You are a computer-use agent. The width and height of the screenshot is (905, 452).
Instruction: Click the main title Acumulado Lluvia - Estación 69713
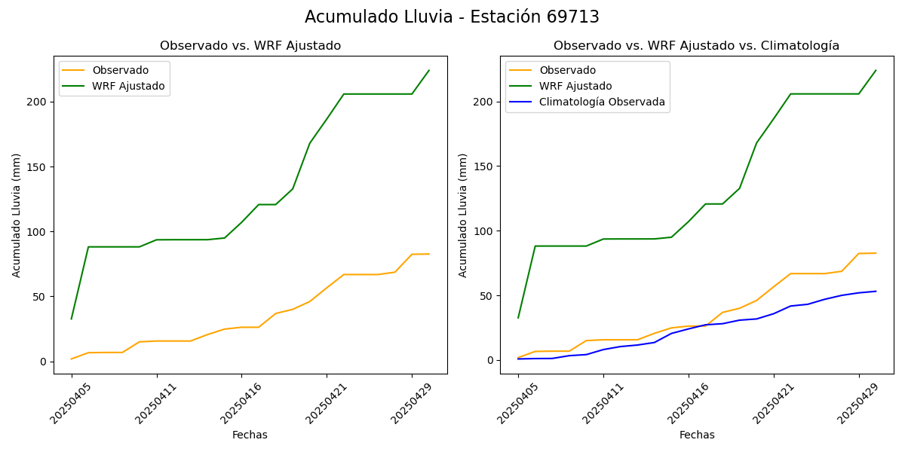tap(452, 17)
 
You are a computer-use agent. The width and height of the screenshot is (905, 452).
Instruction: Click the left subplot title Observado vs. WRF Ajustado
tap(250, 46)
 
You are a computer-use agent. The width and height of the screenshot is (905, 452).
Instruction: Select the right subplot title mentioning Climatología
tap(696, 46)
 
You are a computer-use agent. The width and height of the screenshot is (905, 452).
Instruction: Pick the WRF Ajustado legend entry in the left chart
tap(128, 86)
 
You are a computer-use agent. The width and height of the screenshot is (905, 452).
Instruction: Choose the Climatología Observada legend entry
tap(602, 102)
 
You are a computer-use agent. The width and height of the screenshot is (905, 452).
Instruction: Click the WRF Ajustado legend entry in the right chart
tap(575, 86)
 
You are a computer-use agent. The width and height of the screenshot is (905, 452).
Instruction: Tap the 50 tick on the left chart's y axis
tap(41, 297)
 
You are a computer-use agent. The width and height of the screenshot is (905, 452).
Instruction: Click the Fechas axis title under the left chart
tap(250, 435)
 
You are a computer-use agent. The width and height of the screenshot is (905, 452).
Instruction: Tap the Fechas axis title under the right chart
tap(697, 435)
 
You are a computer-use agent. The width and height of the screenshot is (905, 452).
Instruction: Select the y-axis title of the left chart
tap(17, 215)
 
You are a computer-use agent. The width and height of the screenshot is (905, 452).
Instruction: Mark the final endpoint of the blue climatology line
tap(876, 292)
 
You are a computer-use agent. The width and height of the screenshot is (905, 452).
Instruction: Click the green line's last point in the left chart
tap(429, 71)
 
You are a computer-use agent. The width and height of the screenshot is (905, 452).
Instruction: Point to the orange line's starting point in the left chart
tap(72, 359)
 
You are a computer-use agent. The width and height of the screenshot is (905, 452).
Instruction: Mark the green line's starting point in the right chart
tap(518, 317)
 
